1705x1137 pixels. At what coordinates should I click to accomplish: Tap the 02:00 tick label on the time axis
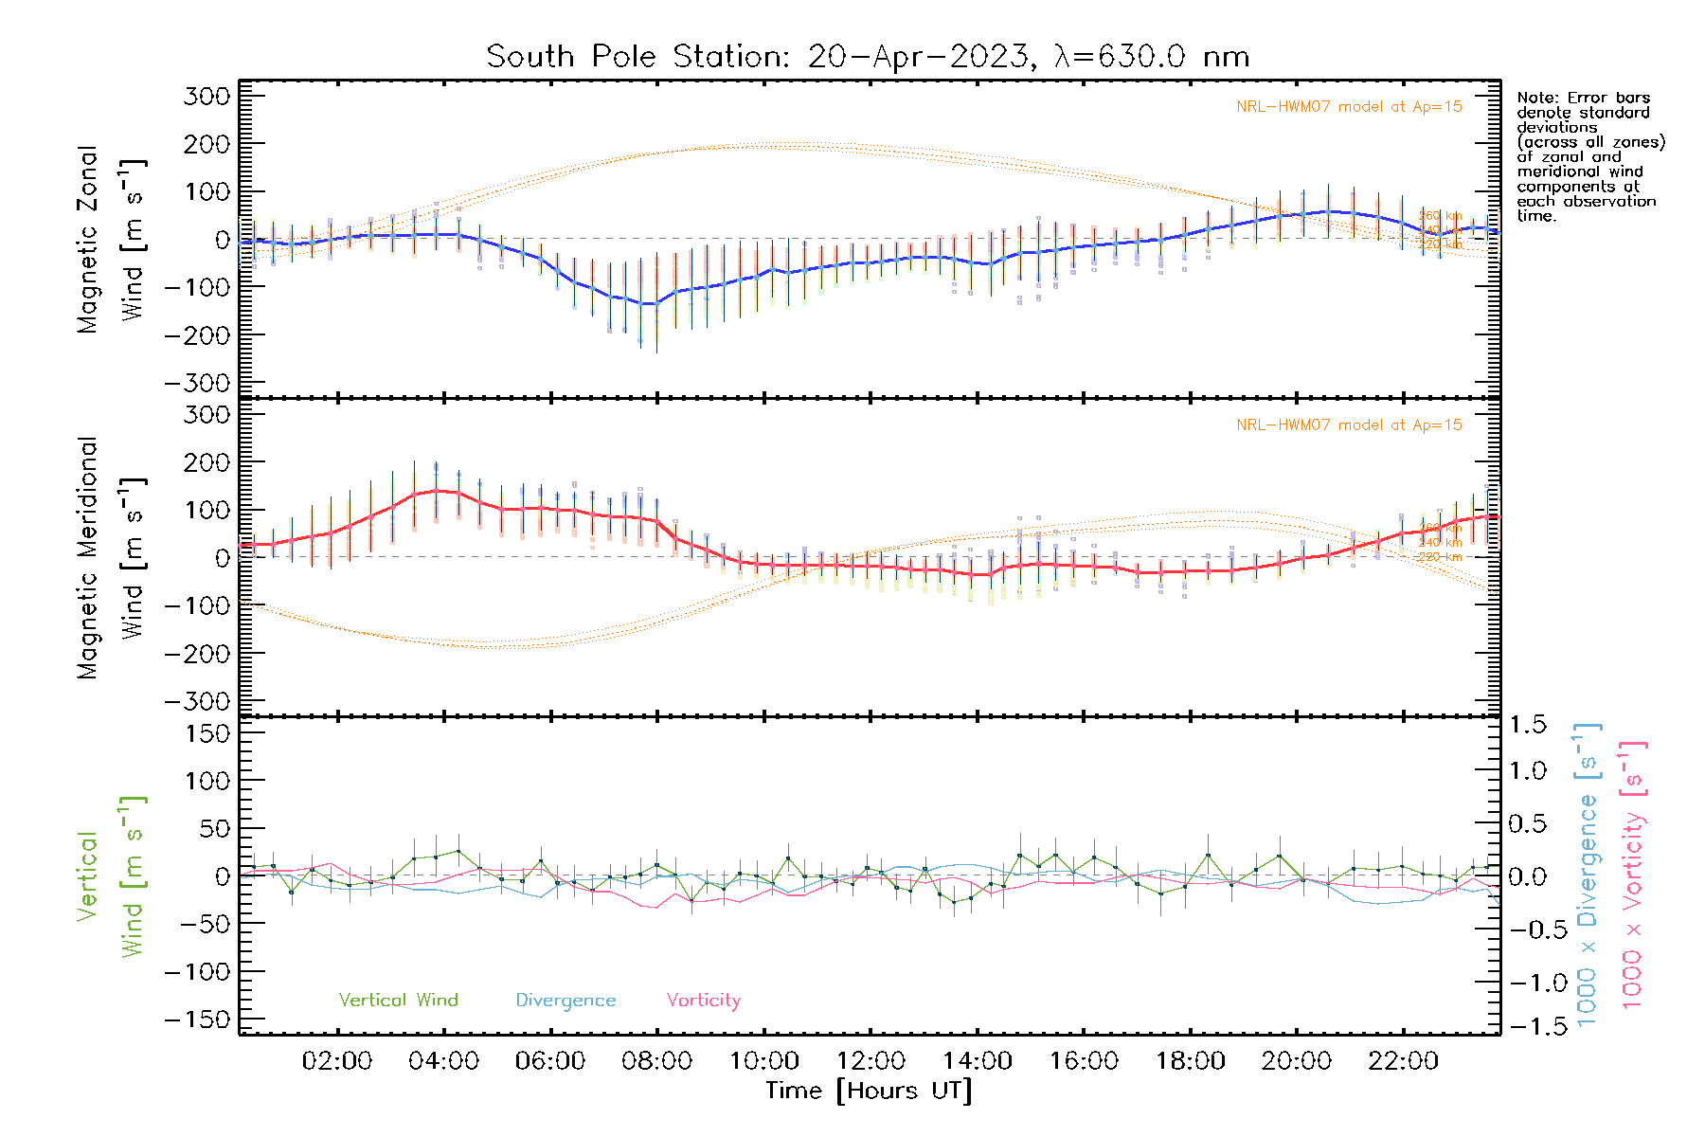336,1061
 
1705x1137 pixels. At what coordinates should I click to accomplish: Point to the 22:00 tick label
1403,1061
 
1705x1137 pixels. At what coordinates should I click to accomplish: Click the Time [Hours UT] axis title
868,1092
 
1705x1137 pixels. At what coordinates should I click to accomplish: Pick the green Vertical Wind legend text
398,1001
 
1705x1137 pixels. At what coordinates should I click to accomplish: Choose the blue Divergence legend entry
565,1001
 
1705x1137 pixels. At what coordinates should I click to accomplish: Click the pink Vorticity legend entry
703,1001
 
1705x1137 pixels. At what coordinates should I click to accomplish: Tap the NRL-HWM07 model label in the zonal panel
1349,107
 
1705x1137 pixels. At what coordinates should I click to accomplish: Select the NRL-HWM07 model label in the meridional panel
1349,425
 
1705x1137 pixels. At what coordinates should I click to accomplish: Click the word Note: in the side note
1535,98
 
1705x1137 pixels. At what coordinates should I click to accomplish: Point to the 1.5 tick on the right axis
1527,725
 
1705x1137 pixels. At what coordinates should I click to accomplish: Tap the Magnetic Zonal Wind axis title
111,239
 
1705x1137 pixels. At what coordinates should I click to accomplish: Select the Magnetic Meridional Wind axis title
111,557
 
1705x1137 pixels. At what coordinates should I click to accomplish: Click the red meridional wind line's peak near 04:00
437,490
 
